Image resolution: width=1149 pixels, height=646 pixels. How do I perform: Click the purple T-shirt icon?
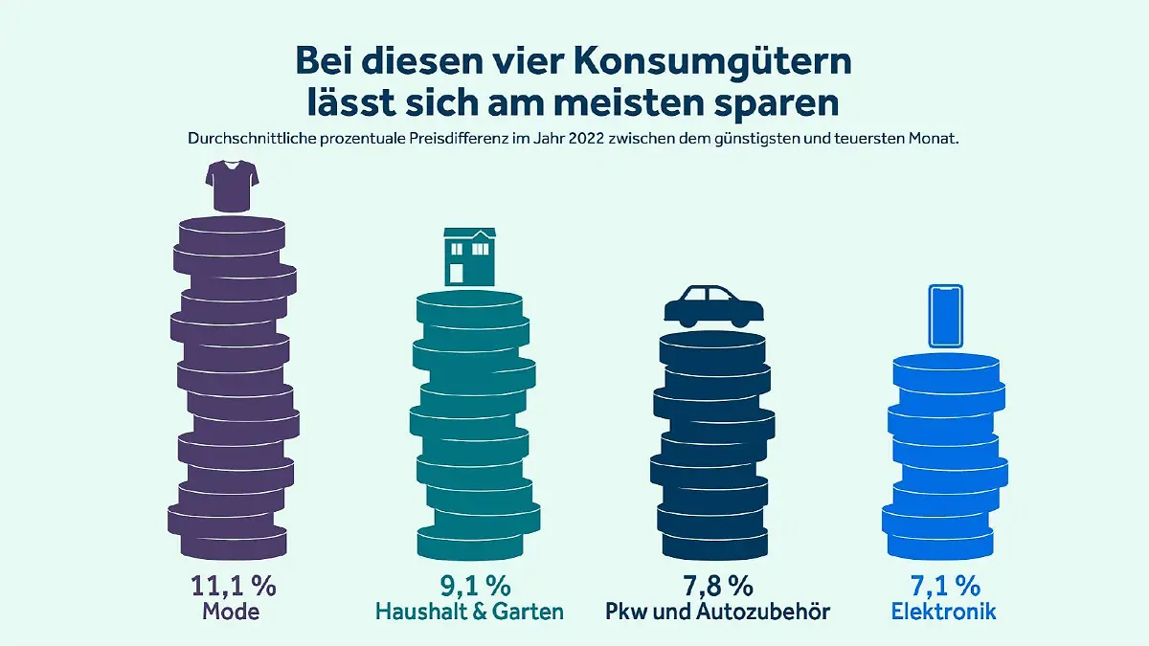[x=231, y=187]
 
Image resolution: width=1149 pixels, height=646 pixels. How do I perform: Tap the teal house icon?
[x=469, y=256]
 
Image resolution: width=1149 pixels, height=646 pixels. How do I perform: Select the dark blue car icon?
[x=714, y=305]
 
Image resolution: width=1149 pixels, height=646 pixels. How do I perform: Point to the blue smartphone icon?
[x=945, y=317]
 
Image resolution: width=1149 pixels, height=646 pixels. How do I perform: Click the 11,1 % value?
[x=231, y=586]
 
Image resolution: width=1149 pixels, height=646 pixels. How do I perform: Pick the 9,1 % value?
[x=469, y=586]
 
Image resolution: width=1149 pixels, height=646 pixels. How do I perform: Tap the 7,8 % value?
[x=712, y=586]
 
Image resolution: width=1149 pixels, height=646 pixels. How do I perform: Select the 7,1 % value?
[x=943, y=586]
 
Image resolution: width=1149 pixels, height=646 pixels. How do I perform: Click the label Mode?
[x=231, y=612]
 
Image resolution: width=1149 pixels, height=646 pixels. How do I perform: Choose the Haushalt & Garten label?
[x=469, y=612]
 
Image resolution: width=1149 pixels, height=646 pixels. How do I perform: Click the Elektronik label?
[x=943, y=612]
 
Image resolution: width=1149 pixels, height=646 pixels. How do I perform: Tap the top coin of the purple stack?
[x=232, y=232]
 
